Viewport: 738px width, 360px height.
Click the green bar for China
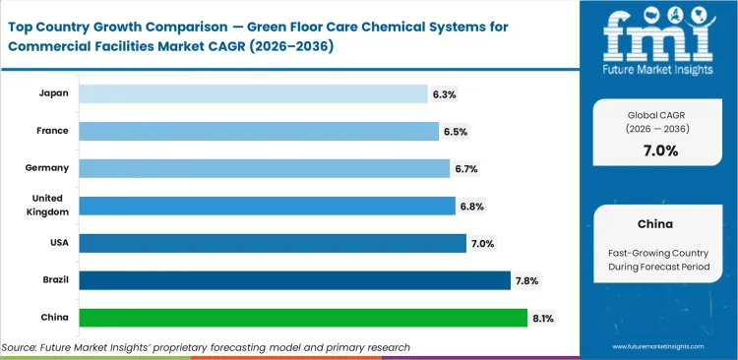302,318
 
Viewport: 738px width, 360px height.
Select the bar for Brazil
294,280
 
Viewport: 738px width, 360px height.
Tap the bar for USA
273,243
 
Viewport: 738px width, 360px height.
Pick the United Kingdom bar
267,206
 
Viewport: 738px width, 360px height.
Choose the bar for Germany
264,168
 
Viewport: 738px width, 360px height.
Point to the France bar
259,131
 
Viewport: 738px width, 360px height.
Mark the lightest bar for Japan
253,93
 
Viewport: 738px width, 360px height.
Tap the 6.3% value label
444,93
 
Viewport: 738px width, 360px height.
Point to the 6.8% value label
472,206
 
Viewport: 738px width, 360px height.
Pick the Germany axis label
46,168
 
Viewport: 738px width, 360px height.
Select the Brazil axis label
53,280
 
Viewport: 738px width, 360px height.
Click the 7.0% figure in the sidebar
660,150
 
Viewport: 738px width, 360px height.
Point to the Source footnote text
206,347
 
